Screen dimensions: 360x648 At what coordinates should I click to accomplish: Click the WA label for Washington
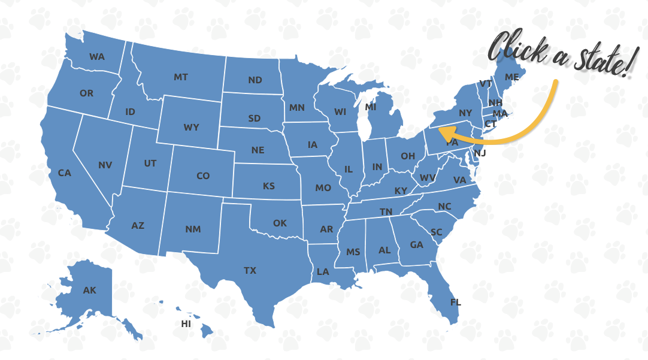tap(97, 57)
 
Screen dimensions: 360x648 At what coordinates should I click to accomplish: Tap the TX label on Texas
tap(250, 271)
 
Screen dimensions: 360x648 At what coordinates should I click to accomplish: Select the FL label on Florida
tap(456, 302)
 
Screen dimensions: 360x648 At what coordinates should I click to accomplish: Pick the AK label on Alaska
tap(89, 291)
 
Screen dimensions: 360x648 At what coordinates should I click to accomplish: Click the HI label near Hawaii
tap(186, 324)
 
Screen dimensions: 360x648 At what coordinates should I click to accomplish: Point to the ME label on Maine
tap(511, 77)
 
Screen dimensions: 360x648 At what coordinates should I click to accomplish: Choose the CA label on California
tap(65, 173)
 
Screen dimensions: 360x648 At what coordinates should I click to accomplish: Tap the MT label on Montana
tap(181, 77)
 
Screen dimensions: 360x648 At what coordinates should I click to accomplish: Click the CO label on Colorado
tap(203, 176)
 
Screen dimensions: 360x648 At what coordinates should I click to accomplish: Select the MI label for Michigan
tap(371, 107)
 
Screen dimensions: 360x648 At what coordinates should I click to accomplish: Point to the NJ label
tap(480, 153)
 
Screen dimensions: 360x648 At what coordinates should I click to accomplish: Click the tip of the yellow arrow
tap(440, 128)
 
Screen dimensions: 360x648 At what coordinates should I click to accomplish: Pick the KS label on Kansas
tap(269, 186)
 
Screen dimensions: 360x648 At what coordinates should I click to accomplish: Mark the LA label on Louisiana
tap(323, 272)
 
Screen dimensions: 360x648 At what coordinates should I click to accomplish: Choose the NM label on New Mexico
tap(193, 229)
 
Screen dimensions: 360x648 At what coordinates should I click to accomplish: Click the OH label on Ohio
tap(408, 156)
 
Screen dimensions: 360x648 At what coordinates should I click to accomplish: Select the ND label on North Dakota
tap(255, 80)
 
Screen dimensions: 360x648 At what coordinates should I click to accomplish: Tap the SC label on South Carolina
tap(437, 232)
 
